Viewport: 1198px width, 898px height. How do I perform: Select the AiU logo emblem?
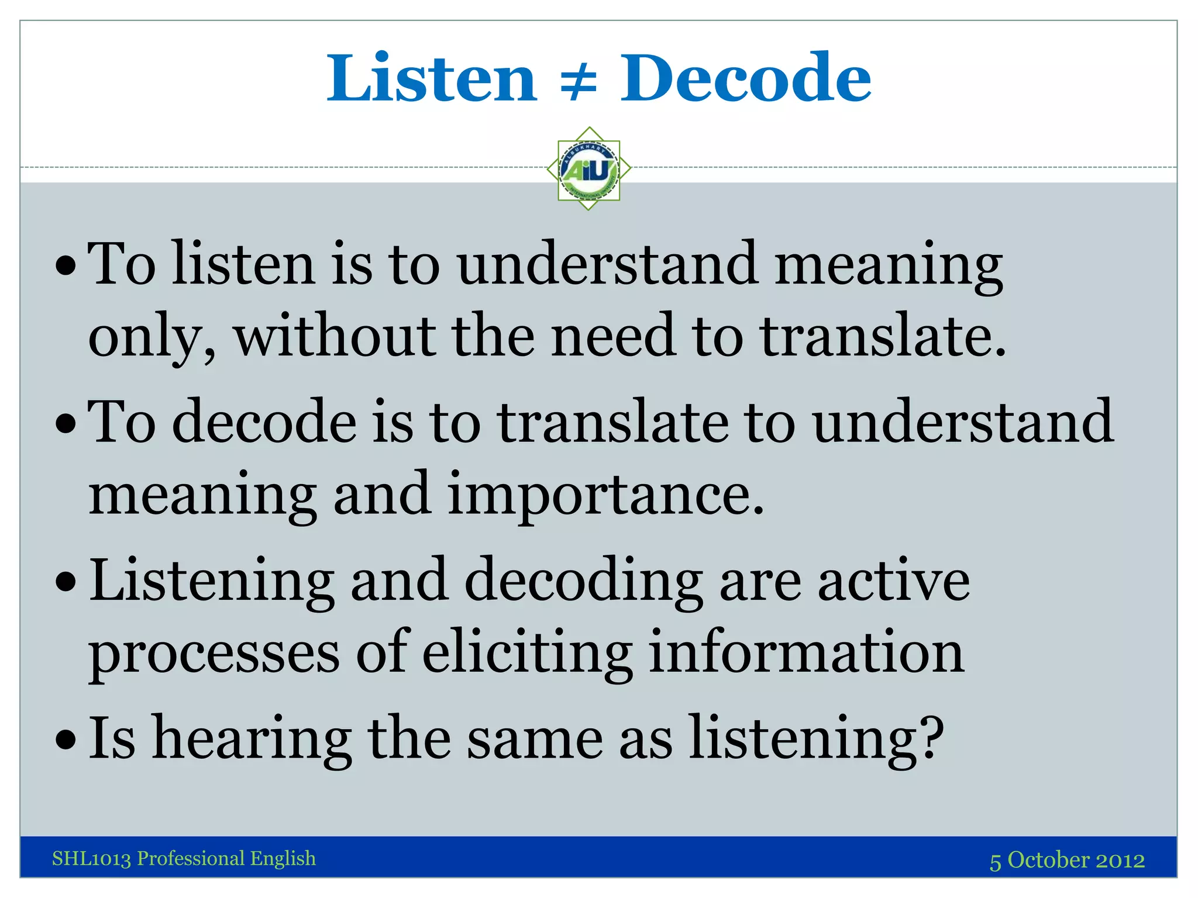[588, 169]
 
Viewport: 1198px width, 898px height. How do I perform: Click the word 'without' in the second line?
[335, 337]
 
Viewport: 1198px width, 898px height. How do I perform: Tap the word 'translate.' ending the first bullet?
[883, 337]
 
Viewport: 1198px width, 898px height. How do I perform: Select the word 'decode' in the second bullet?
[264, 422]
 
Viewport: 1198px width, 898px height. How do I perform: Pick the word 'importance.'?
[605, 495]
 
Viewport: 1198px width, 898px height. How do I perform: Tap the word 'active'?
[893, 581]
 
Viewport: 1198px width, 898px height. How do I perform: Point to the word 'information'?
[806, 652]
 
